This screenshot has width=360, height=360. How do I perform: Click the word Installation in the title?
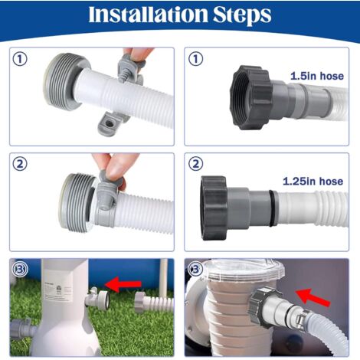[148, 15]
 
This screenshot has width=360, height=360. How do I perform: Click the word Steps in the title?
[242, 15]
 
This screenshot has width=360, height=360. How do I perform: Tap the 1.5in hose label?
[317, 76]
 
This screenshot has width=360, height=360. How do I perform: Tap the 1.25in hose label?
[313, 182]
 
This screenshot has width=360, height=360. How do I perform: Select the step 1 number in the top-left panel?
[20, 59]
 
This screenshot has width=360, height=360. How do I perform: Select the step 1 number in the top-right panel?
[195, 59]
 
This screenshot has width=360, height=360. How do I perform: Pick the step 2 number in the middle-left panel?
[20, 164]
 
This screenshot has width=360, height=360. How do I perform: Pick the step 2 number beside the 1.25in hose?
[195, 164]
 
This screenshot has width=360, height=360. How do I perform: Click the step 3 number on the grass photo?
[20, 269]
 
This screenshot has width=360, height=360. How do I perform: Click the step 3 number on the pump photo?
[195, 269]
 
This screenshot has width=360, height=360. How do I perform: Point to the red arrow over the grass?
[123, 284]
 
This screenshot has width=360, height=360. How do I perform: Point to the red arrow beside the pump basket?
[313, 297]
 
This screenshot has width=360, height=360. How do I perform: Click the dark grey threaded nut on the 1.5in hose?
[251, 97]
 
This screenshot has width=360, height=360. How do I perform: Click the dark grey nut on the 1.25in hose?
[214, 208]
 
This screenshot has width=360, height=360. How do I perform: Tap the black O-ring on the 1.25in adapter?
[272, 208]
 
